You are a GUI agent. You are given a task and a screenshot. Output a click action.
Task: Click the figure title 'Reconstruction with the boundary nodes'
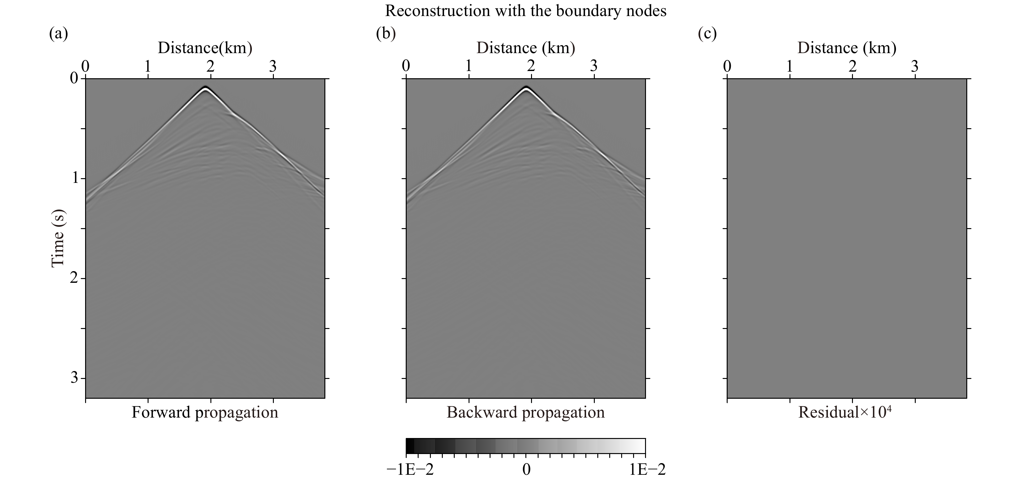tap(525, 11)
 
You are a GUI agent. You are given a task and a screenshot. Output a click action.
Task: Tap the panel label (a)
tap(59, 34)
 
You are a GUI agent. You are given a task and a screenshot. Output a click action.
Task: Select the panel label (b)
tap(386, 34)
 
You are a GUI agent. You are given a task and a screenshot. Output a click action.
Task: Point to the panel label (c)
tap(707, 34)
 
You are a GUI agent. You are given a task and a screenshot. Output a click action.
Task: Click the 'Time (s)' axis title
tap(58, 238)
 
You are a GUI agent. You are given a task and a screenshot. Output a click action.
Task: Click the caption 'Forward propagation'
tap(205, 413)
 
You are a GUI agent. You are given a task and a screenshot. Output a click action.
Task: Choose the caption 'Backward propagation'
tap(525, 413)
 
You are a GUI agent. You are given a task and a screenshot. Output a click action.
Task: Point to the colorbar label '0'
tap(526, 470)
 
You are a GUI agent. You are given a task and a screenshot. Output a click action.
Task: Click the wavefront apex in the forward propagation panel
tap(205, 88)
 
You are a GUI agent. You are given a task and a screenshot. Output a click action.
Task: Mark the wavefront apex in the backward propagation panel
tap(526, 88)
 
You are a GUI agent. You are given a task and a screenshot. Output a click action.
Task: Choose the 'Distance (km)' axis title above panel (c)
tap(847, 48)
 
